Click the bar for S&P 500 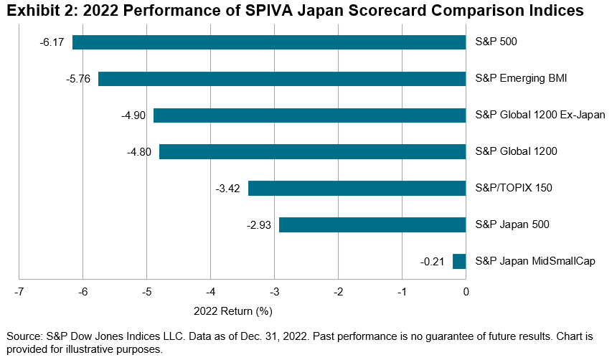[269, 42]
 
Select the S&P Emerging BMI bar [282, 79]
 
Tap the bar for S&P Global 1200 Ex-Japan [309, 115]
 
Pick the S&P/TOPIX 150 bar [357, 189]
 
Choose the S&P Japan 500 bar [372, 224]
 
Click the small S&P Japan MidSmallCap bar [459, 261]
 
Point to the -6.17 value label [52, 42]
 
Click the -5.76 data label [77, 79]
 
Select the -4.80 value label [138, 152]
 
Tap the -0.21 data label [433, 261]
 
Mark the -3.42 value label [227, 189]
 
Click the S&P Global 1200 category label [517, 152]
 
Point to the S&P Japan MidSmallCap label [535, 261]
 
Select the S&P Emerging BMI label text [522, 79]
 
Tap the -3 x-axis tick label [274, 293]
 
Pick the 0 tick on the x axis [466, 293]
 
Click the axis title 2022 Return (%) [233, 311]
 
